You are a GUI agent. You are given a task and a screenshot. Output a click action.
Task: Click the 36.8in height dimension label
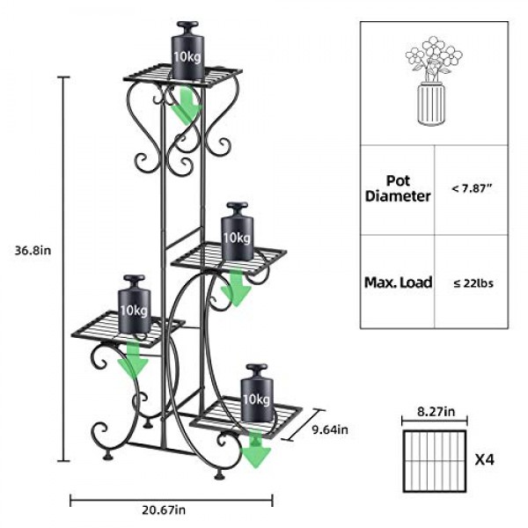[x=33, y=250]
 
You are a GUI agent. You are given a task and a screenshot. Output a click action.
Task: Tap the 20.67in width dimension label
[x=164, y=510]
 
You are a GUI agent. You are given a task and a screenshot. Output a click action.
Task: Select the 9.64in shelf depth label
[x=330, y=429]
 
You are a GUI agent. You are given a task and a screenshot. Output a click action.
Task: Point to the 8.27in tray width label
[x=436, y=412]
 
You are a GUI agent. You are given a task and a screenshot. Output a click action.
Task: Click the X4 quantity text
[x=485, y=459]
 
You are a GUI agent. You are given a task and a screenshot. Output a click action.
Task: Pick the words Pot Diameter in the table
[x=398, y=188]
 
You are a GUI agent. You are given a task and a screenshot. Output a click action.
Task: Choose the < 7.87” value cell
[x=472, y=188]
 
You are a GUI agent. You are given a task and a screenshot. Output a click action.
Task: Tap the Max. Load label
[x=399, y=282]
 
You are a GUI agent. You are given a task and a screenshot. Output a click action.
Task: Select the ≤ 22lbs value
[x=473, y=283]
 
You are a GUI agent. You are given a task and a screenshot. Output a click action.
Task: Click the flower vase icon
[x=433, y=81]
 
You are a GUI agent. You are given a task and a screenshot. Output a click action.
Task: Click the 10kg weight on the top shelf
[x=188, y=51]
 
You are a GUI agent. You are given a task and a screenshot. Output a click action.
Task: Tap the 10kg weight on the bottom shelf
[x=257, y=392]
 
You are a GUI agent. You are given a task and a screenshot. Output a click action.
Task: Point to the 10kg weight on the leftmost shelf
[x=135, y=304]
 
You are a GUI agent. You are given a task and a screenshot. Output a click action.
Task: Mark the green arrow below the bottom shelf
[x=256, y=450]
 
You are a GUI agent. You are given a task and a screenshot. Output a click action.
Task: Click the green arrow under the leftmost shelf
[x=133, y=359]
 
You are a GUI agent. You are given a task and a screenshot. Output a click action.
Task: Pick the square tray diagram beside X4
[x=435, y=461]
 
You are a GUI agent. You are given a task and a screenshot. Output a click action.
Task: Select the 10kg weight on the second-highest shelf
[x=237, y=231]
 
